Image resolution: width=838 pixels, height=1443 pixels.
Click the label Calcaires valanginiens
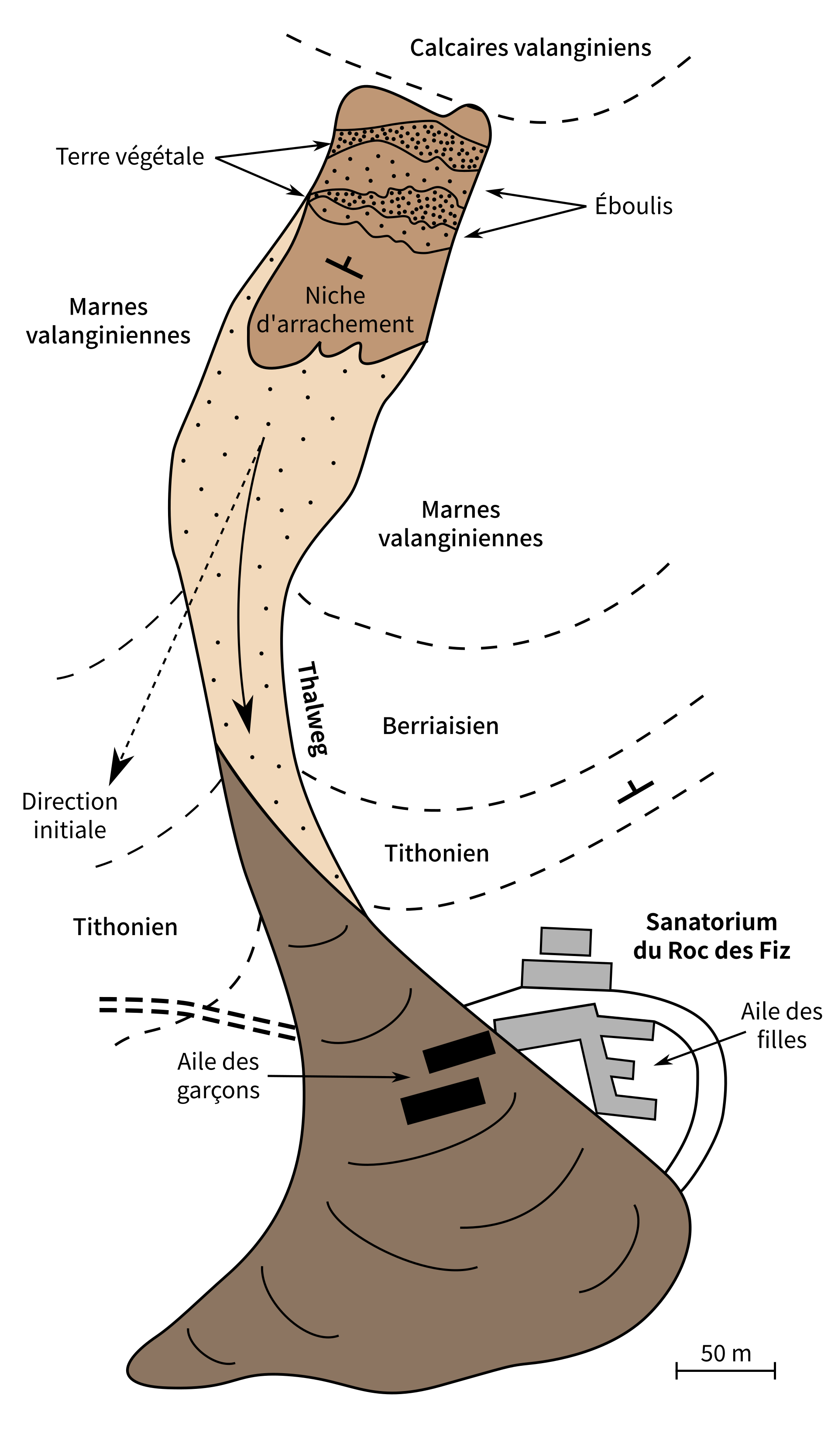[530, 48]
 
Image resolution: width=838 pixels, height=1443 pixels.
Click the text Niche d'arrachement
[335, 310]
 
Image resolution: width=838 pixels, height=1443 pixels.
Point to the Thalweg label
[313, 709]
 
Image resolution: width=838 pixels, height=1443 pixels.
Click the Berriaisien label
[440, 726]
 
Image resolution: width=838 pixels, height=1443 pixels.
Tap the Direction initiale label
[70, 816]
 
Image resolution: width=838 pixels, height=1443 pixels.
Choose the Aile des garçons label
[218, 1076]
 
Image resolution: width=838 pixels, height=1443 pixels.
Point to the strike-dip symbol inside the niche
[344, 267]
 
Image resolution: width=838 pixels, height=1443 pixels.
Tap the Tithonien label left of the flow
[125, 927]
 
